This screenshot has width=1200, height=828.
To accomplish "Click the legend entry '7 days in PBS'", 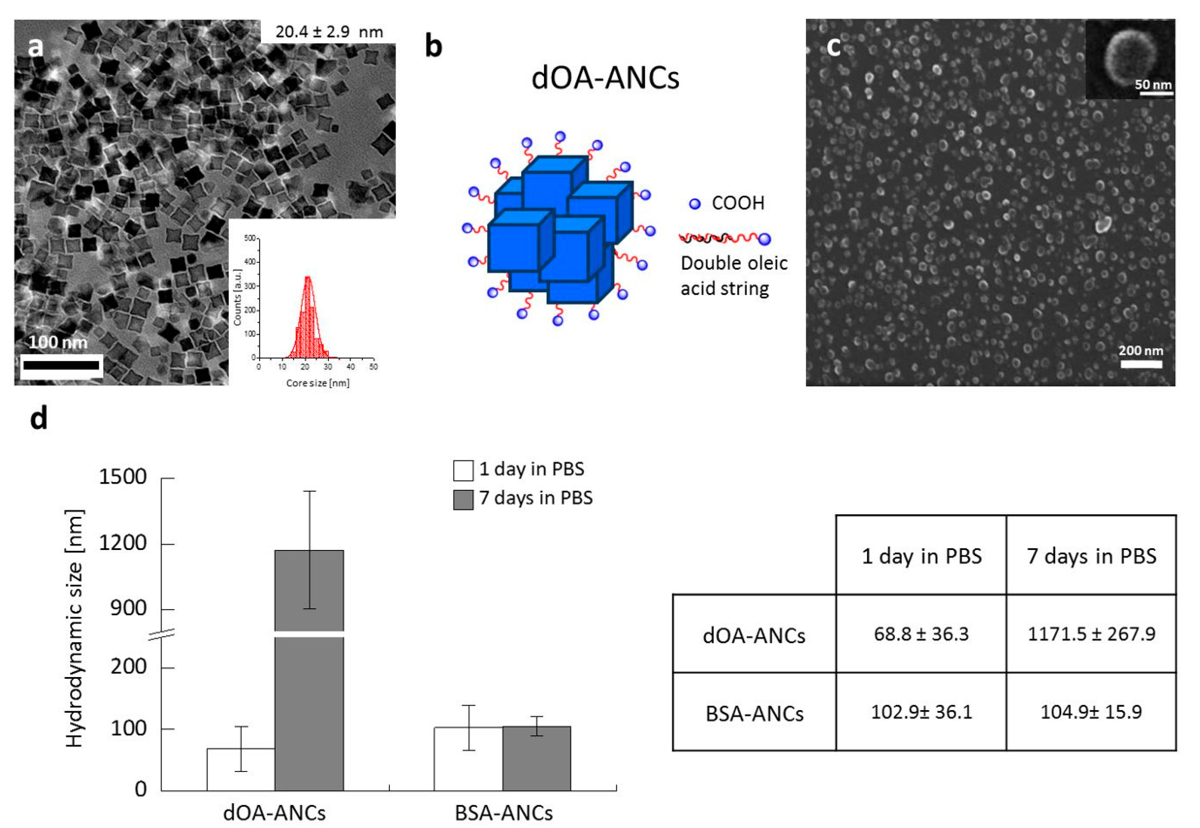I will point(536,498).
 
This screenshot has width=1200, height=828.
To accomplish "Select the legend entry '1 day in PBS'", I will point(531,469).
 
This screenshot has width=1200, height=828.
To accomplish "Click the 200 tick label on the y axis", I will point(128,667).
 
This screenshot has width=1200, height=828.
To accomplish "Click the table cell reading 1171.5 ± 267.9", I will point(1091,634).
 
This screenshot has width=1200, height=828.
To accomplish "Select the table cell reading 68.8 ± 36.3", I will point(921,634).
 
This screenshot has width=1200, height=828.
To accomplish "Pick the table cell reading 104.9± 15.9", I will point(1091,712).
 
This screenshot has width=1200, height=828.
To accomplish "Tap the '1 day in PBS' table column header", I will point(922,556).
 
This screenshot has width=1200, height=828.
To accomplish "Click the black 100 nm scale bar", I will point(61,365).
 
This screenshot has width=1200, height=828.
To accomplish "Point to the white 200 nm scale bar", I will point(1141,364).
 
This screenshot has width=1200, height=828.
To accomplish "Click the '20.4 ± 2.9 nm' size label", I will point(329,32).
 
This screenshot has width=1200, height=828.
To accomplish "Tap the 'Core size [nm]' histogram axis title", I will point(317,383).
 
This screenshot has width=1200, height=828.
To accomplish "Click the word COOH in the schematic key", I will point(738,203).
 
